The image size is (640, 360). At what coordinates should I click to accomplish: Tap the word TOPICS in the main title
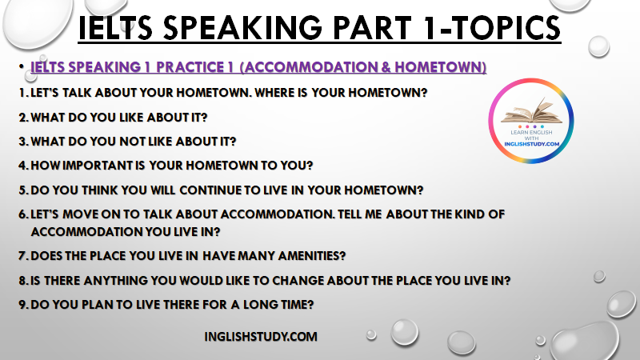pyautogui.click(x=506, y=28)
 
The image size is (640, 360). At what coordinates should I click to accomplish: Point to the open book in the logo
pyautogui.click(x=531, y=110)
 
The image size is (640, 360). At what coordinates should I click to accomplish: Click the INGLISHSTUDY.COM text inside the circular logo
pyautogui.click(x=531, y=144)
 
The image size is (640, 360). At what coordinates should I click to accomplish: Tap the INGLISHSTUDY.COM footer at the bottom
pyautogui.click(x=261, y=337)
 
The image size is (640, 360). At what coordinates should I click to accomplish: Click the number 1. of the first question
pyautogui.click(x=24, y=93)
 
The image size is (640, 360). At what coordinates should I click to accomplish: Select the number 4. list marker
pyautogui.click(x=24, y=166)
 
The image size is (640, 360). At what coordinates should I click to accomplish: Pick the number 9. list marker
pyautogui.click(x=24, y=305)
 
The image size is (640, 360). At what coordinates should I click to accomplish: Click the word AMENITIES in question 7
pyautogui.click(x=312, y=256)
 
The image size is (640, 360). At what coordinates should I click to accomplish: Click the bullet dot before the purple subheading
pyautogui.click(x=22, y=66)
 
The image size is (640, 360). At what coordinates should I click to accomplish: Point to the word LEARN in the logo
pyautogui.click(x=518, y=132)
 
